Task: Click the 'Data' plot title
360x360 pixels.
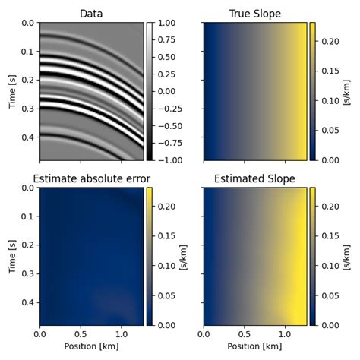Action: click(x=92, y=14)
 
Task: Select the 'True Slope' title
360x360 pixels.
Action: click(x=255, y=14)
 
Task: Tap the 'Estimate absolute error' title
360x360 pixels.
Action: click(x=92, y=179)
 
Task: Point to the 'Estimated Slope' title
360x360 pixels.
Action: click(x=255, y=179)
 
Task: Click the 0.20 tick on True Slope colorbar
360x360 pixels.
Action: click(x=330, y=39)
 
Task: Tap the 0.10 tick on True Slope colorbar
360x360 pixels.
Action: click(x=330, y=99)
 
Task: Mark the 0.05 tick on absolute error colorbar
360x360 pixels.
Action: click(x=166, y=295)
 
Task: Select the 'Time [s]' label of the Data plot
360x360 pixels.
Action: click(x=12, y=91)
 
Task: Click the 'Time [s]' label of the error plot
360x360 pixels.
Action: click(x=12, y=256)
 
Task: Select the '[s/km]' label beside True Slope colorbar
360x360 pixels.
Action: click(x=346, y=91)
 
